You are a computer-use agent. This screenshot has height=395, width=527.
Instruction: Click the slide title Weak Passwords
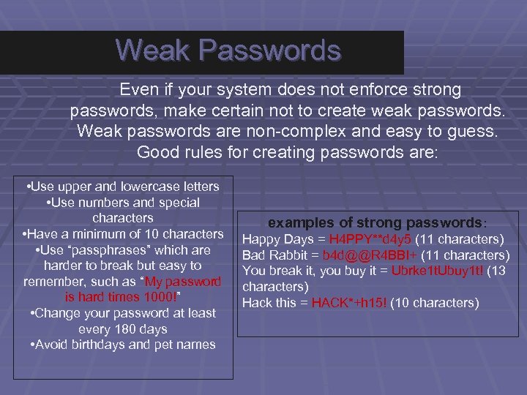[228, 50]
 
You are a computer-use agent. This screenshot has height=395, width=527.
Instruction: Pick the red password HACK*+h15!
[350, 303]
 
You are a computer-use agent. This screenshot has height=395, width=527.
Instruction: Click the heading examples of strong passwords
[373, 222]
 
